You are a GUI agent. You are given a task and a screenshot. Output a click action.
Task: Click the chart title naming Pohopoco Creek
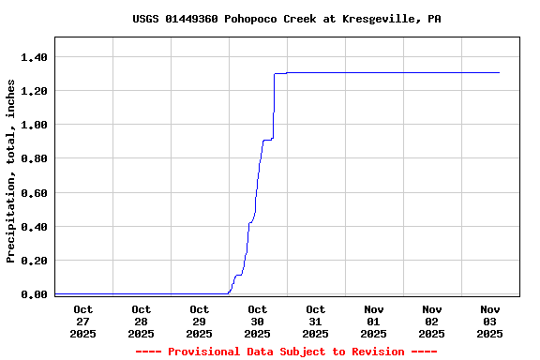[x=286, y=19]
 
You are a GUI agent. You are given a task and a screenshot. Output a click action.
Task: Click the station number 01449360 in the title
[x=192, y=19]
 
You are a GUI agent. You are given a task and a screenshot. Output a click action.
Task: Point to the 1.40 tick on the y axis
[x=34, y=57]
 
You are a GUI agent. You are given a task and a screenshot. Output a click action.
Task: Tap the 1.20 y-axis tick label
[x=34, y=91]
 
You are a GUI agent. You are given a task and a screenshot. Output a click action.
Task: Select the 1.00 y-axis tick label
[x=34, y=125]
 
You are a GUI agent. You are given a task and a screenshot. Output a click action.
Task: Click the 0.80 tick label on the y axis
[x=34, y=158]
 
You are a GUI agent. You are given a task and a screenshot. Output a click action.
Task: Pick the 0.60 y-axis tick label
[x=34, y=193]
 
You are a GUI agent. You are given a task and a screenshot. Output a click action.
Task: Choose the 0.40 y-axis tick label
[x=34, y=227]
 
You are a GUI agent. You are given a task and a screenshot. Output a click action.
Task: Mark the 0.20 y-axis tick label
[x=34, y=261]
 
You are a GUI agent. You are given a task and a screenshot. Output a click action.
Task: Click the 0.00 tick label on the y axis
[x=34, y=294]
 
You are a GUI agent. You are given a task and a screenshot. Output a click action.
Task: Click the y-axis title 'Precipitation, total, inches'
[x=11, y=171]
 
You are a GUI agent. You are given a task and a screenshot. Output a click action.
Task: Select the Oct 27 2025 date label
[x=83, y=321]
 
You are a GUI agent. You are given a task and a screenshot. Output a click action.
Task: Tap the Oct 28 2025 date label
[x=142, y=321]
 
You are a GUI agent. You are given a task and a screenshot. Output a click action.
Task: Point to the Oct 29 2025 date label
[x=200, y=321]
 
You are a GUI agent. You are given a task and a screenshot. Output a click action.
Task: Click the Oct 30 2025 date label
[x=258, y=321]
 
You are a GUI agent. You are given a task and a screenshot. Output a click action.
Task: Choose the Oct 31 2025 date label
[x=316, y=321]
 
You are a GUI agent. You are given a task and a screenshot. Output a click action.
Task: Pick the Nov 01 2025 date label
[x=374, y=321]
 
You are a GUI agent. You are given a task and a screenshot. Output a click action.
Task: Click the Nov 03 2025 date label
[x=490, y=321]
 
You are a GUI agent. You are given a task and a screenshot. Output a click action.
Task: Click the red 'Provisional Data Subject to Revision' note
[x=286, y=352]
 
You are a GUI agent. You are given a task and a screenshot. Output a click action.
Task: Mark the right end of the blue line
[x=499, y=72]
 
